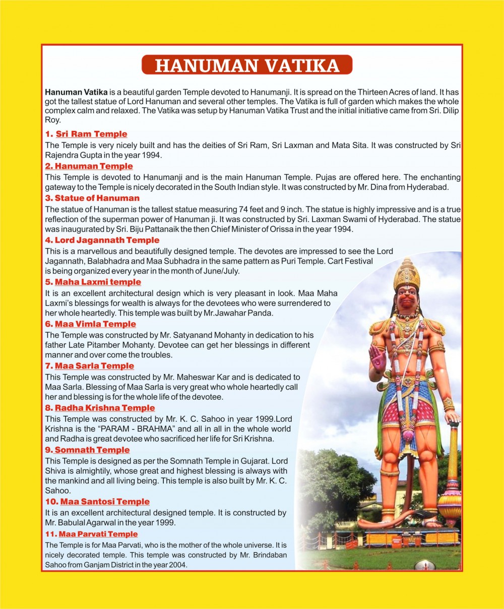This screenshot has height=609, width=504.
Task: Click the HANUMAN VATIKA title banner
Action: point(246,65)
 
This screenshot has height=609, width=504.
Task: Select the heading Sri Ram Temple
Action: point(91,134)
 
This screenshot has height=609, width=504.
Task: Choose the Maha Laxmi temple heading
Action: point(98,282)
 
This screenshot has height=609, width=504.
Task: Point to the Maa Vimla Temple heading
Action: point(95,324)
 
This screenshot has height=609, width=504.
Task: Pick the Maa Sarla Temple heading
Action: point(94,366)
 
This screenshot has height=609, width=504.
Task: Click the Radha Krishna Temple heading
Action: point(104,408)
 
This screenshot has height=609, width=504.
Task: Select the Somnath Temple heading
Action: point(92,450)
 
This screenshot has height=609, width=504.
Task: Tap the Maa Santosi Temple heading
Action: point(105,502)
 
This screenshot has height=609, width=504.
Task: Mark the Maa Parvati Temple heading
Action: point(98,534)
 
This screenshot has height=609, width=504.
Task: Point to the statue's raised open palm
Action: point(377,358)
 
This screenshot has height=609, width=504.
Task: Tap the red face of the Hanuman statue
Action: point(406,300)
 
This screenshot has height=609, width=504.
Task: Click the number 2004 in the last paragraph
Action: point(179,565)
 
